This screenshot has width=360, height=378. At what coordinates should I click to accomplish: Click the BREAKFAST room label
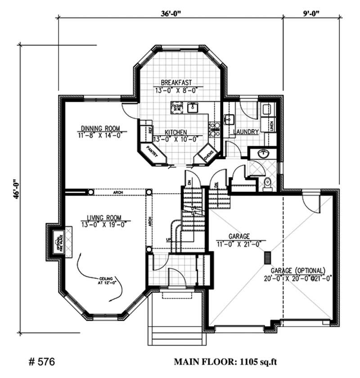pos(177,82)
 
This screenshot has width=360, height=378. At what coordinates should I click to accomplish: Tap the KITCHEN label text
pos(175,132)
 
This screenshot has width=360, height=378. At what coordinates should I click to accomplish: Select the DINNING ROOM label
pos(100,128)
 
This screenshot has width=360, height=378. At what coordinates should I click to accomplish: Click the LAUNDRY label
pos(246,132)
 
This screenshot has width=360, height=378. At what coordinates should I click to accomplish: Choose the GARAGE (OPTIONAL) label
pos(297,271)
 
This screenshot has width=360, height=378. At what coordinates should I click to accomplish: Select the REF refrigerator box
pos(146,130)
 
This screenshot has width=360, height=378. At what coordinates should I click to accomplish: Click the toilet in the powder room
pos(267,184)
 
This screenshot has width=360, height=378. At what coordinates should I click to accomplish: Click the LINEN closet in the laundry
pos(272,125)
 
